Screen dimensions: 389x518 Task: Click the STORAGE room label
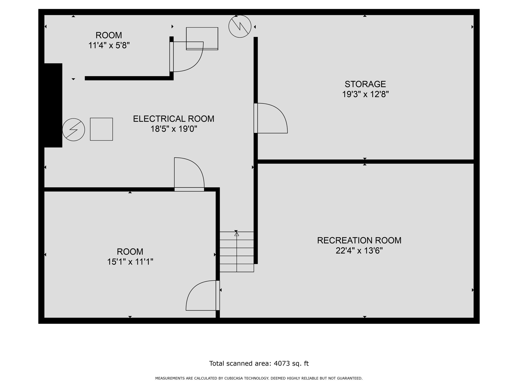coord(365,84)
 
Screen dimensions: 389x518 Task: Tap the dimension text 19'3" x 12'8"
coord(365,94)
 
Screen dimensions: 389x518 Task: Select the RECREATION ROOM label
coord(359,240)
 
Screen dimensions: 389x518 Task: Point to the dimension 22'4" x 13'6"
coord(359,251)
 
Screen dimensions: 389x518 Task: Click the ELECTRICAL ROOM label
coord(174,119)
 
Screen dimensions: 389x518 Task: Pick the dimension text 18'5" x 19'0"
coord(174,129)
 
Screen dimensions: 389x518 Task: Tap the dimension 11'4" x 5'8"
coord(109,46)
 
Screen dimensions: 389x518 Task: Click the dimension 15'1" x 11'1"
coord(130,262)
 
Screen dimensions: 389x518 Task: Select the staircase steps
coord(236,252)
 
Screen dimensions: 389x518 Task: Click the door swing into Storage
coord(271,118)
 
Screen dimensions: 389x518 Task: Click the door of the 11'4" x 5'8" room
coord(187,57)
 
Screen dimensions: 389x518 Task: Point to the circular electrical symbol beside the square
coord(74,129)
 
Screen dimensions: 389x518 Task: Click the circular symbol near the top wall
coord(240,26)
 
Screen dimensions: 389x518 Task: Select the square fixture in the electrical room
coord(101,129)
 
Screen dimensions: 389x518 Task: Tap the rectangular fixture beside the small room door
coord(202,38)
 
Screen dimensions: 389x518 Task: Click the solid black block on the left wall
coord(53,105)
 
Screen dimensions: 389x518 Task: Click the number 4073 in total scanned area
coord(282,363)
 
